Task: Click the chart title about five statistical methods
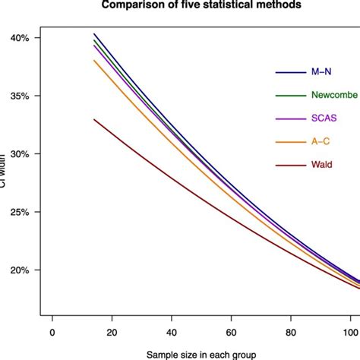tap(195, 6)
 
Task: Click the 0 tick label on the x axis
tap(52, 333)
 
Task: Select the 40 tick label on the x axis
tap(172, 333)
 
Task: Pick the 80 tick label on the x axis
tap(292, 333)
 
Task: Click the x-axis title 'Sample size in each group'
tap(195, 354)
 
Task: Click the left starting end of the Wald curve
tap(94, 119)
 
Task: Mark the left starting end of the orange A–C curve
tap(94, 61)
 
